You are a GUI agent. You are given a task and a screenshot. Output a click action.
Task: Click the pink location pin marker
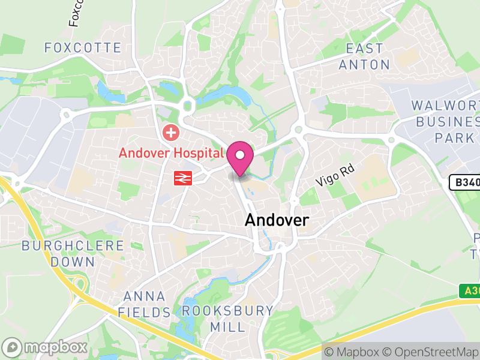[x=240, y=157]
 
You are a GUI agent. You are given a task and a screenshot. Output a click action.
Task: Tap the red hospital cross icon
[x=172, y=132]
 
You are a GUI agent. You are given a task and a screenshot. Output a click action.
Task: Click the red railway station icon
[x=183, y=178]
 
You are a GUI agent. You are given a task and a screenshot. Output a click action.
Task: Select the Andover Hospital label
[x=171, y=152]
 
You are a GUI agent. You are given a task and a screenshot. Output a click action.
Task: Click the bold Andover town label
[x=277, y=220]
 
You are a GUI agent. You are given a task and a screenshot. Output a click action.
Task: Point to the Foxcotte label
[x=83, y=47]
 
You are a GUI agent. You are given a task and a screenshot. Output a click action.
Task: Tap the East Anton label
[x=364, y=56]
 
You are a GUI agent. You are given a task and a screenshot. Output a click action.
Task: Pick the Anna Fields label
[x=144, y=304]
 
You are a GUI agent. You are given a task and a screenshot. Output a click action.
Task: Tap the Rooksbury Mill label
[x=227, y=319]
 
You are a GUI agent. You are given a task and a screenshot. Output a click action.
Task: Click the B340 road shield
[x=466, y=182]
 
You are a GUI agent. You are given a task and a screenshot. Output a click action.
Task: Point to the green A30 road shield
[x=470, y=291]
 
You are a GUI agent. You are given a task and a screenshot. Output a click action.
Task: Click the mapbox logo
[x=45, y=347]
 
